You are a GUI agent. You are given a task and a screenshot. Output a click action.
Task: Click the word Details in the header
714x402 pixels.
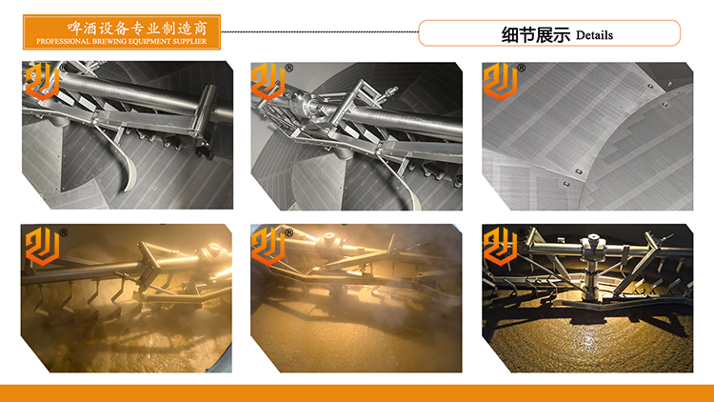click(594, 35)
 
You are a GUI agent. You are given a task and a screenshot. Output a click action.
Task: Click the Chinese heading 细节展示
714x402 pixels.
click(535, 34)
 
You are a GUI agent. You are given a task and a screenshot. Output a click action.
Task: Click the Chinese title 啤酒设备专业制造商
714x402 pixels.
click(137, 29)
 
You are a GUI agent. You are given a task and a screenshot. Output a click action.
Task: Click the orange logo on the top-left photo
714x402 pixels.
click(42, 81)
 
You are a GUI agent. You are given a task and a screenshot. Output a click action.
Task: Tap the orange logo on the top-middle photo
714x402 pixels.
click(268, 82)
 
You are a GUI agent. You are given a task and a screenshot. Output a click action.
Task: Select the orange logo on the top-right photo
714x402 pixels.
click(501, 82)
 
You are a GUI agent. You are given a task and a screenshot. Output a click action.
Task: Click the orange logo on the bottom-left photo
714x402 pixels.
click(42, 247)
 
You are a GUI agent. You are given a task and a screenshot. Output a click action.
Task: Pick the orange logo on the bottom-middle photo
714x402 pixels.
click(268, 247)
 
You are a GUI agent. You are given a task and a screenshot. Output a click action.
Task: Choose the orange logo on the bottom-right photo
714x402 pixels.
click(501, 247)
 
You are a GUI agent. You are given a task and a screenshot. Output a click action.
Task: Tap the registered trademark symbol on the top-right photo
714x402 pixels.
click(522, 68)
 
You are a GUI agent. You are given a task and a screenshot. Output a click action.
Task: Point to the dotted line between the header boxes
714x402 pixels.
click(320, 31)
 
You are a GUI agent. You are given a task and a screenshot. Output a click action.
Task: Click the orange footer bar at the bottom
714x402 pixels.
click(357, 393)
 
